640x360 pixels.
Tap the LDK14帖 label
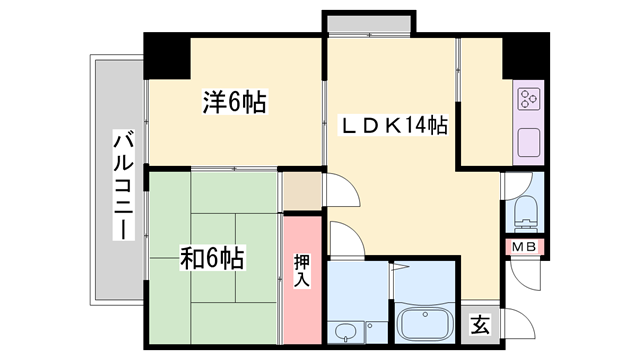click(x=394, y=127)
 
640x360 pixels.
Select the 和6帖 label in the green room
click(x=212, y=257)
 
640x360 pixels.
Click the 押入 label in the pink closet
click(x=302, y=270)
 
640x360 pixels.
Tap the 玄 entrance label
click(x=480, y=324)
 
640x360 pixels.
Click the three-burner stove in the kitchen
click(x=528, y=99)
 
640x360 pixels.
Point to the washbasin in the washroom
click(x=346, y=332)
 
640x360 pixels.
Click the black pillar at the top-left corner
click(x=167, y=56)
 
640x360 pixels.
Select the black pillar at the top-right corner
click(x=524, y=56)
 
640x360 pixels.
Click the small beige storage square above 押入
click(x=302, y=190)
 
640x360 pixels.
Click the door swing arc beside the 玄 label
click(x=513, y=322)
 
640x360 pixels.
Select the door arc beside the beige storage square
click(x=336, y=191)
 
